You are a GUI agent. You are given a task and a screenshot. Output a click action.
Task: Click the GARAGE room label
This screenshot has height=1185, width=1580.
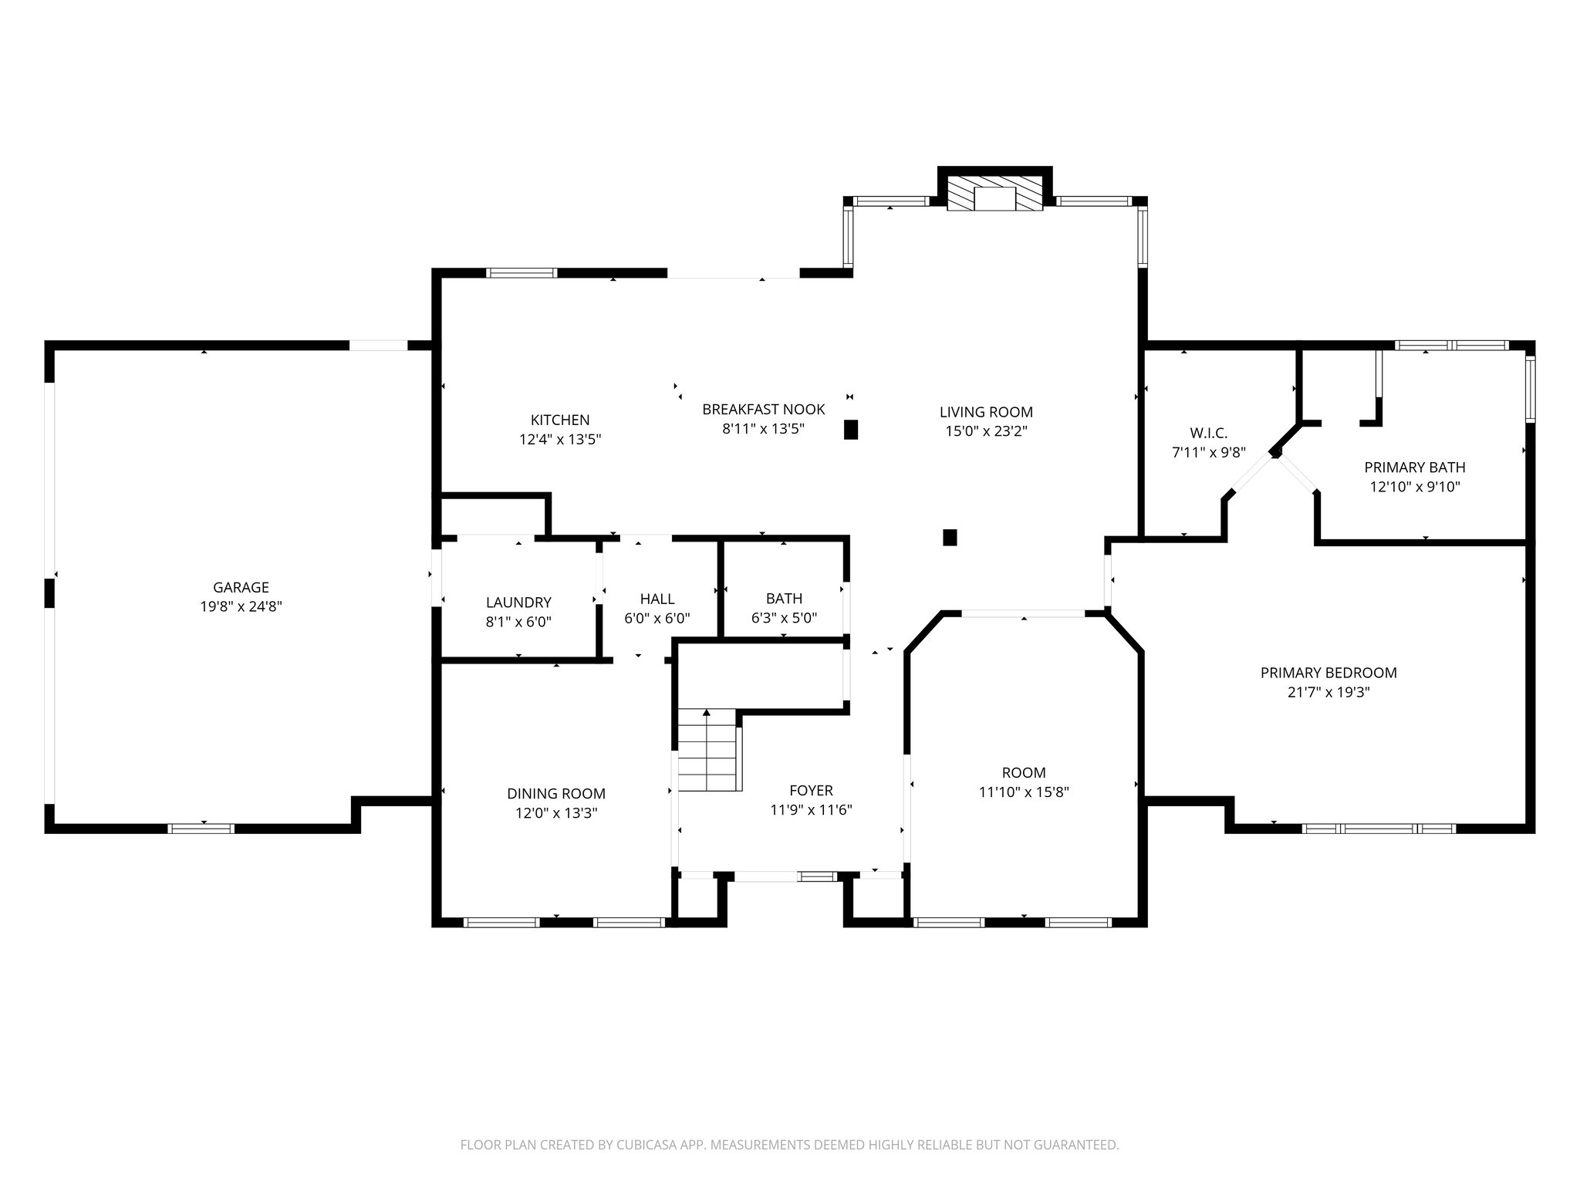[x=241, y=587]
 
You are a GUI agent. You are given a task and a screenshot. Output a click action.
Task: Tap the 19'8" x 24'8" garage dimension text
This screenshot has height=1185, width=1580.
[x=241, y=607]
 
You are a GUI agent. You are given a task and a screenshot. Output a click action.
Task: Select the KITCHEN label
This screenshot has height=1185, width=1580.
[x=560, y=420]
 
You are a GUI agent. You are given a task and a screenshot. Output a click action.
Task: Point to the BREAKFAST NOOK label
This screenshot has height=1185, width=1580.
[x=763, y=409]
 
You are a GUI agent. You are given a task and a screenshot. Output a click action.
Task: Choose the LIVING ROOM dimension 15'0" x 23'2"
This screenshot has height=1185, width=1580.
[x=986, y=431]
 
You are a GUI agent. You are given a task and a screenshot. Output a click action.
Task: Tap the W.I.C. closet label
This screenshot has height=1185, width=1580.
[x=1208, y=433]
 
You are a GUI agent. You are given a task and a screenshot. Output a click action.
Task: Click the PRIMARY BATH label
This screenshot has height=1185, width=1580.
[x=1414, y=467]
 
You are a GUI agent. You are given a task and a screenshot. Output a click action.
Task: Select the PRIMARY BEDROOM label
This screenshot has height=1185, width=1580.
[x=1328, y=673]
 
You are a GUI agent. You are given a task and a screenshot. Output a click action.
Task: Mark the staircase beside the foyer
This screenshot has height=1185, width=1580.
[x=708, y=750]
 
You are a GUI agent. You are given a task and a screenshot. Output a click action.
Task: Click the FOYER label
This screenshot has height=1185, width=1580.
[x=811, y=791]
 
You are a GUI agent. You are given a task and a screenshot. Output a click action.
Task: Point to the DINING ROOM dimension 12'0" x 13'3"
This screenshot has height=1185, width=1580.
[x=555, y=813]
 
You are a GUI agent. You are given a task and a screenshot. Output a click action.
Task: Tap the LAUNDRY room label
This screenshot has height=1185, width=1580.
[x=518, y=603]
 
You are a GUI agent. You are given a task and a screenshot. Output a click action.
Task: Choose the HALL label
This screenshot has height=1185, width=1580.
[x=657, y=599]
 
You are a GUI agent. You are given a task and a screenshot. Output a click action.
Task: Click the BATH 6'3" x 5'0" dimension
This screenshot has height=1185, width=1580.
[x=784, y=618]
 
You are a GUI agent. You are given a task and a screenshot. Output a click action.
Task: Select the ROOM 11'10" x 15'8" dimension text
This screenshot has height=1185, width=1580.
[x=1024, y=792]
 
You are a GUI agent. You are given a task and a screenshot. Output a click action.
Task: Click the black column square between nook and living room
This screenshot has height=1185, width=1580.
[x=851, y=430]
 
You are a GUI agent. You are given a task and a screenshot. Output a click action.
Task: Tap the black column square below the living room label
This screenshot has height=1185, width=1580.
[x=950, y=537]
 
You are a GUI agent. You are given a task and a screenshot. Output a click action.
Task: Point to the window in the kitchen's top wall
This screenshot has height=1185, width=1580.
[x=522, y=272]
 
